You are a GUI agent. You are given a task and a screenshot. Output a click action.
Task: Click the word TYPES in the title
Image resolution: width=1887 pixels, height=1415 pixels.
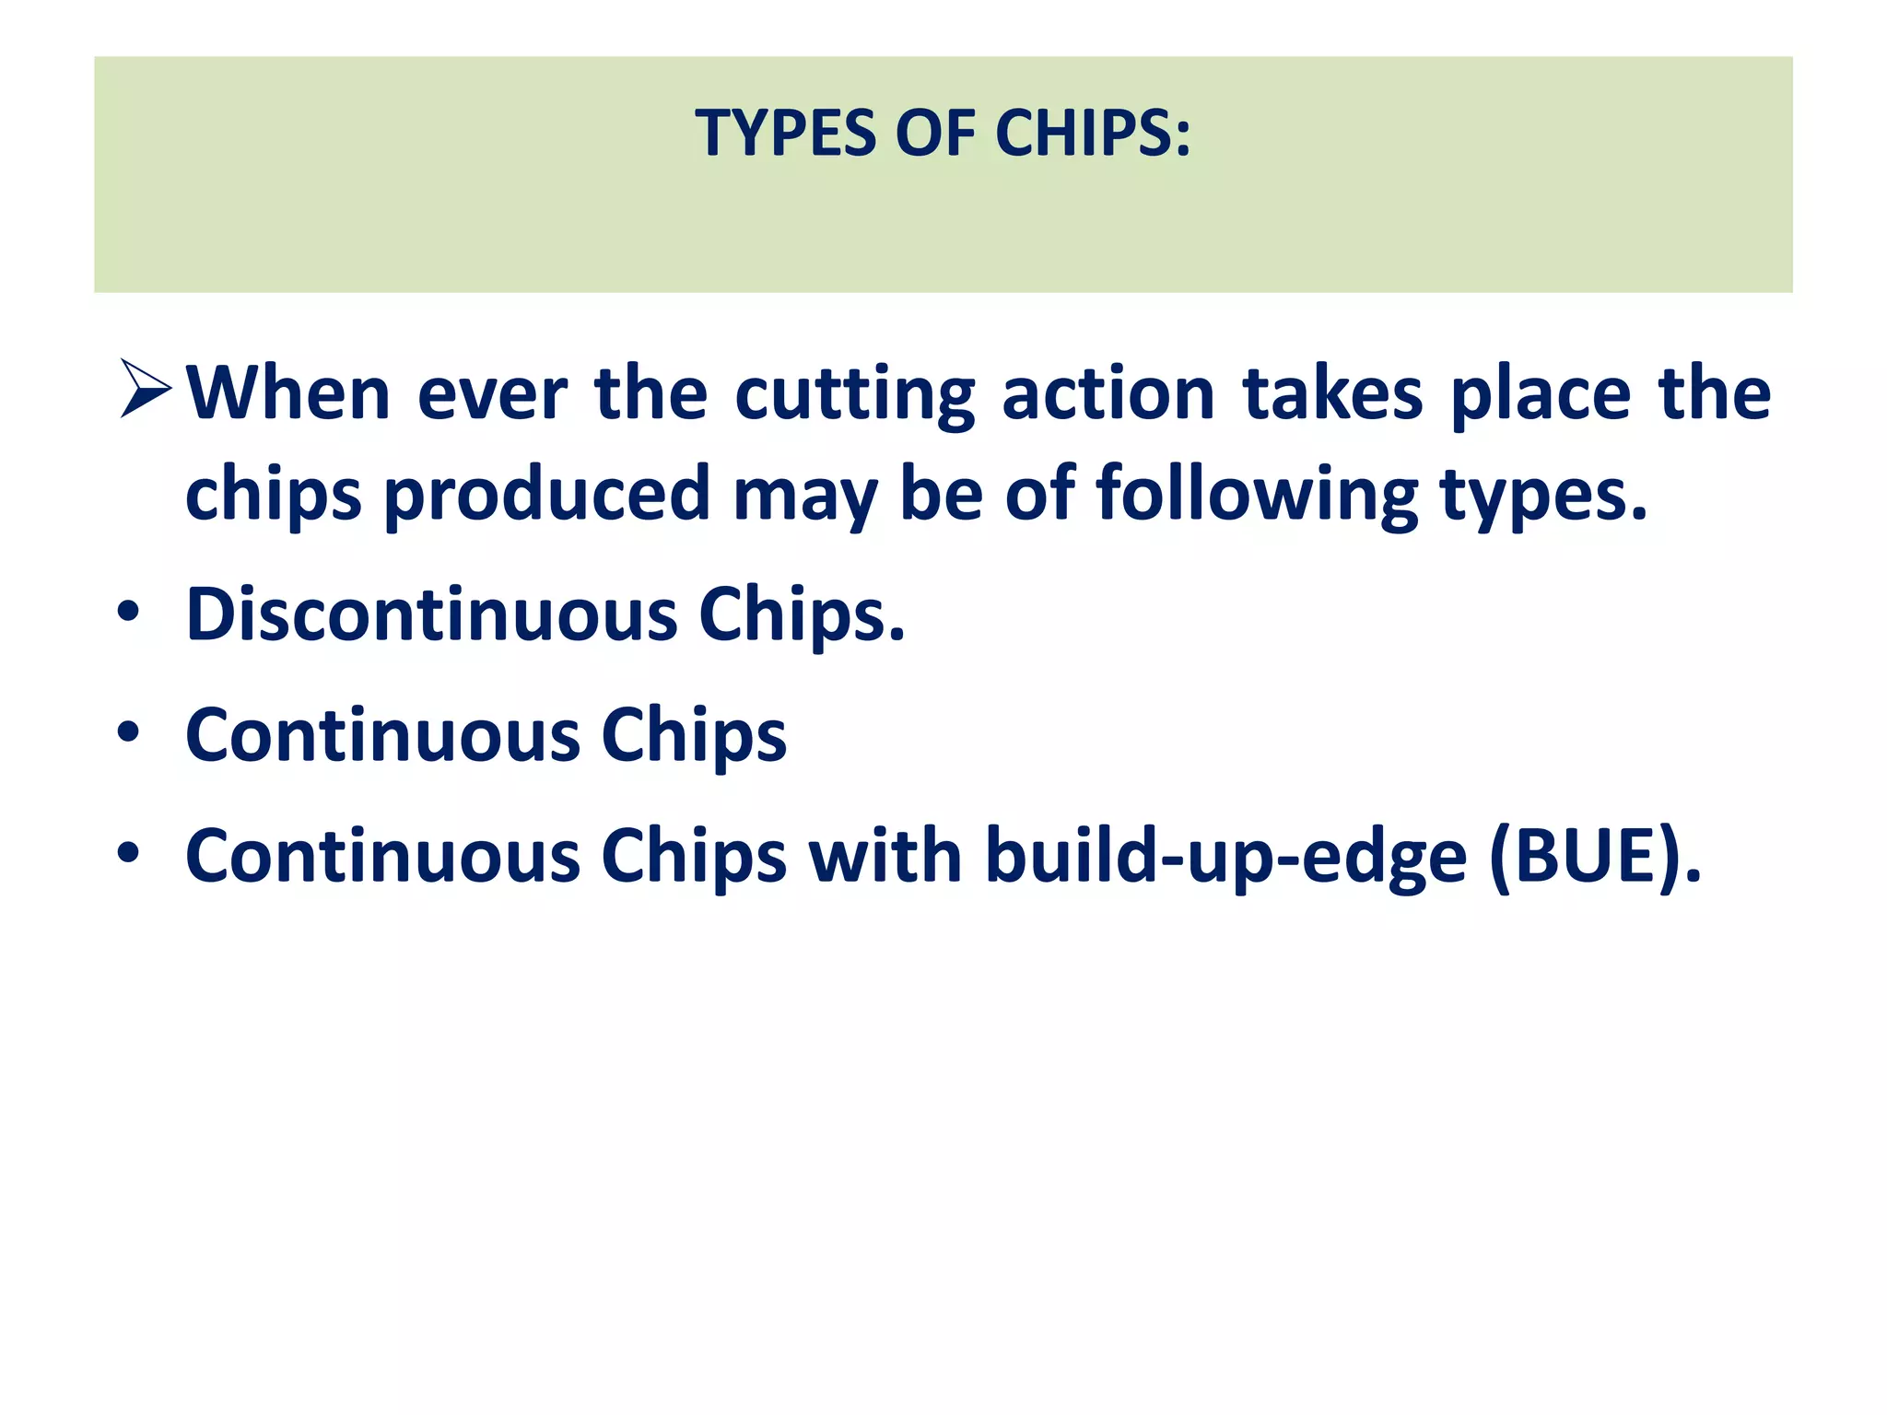coord(784,134)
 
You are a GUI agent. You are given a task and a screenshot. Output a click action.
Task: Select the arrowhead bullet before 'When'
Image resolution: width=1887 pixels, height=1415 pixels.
coord(146,389)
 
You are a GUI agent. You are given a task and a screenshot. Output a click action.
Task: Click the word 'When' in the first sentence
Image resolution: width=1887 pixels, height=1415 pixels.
coord(288,394)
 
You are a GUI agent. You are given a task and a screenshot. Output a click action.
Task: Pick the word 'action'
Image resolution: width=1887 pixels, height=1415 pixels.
coord(1108,394)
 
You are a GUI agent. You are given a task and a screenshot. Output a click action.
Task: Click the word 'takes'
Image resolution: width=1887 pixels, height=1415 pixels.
coord(1332,394)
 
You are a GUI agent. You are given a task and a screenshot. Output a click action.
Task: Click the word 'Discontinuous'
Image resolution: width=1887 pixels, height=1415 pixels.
coord(431,614)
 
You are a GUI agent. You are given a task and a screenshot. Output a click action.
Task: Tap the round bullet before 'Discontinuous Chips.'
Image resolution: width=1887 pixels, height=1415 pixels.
coord(129,612)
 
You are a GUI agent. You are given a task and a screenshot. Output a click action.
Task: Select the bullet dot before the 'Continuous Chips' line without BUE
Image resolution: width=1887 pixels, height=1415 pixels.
coord(129,732)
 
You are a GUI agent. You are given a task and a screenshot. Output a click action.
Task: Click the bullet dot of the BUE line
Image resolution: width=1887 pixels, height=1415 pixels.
coord(129,853)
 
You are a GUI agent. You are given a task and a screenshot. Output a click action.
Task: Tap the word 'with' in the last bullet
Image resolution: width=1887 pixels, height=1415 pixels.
coord(885,855)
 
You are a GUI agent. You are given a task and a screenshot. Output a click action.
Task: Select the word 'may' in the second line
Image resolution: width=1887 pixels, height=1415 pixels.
coord(803,498)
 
